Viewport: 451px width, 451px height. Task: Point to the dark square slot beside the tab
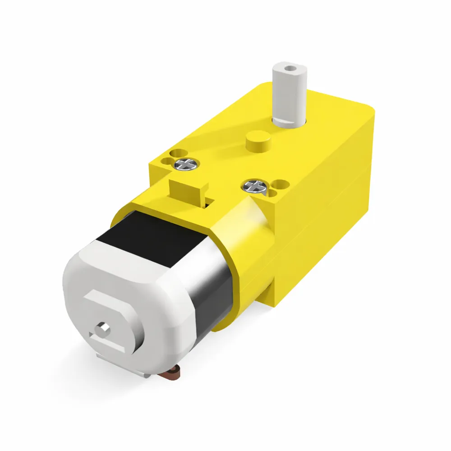(x=208, y=204)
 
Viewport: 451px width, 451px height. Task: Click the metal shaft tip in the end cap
(x=103, y=328)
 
